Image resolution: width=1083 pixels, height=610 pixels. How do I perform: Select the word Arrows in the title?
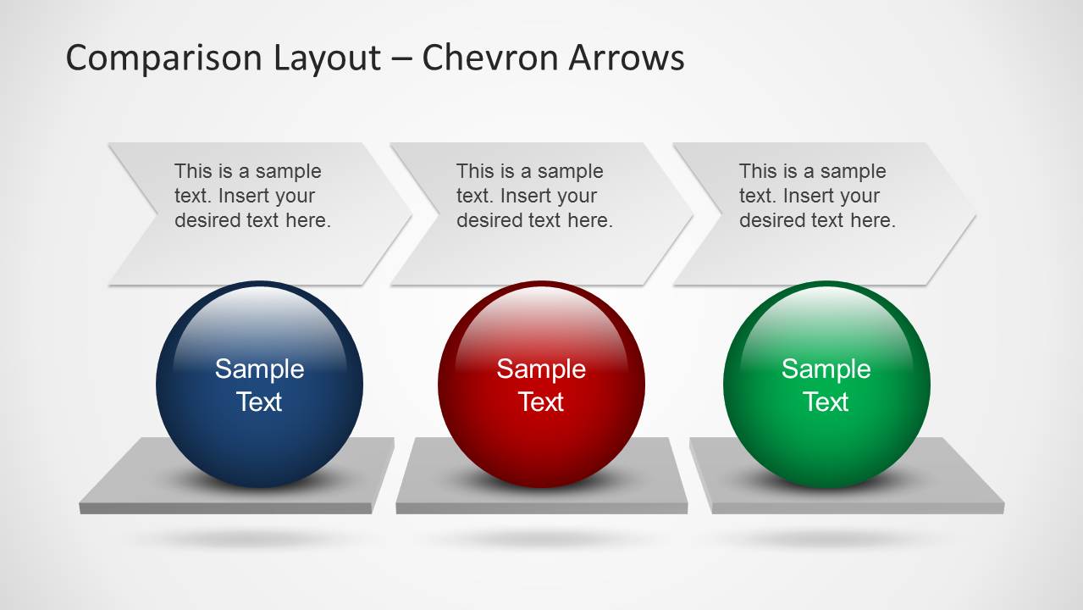[x=627, y=58]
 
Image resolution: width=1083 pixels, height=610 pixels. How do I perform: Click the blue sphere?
[x=260, y=385]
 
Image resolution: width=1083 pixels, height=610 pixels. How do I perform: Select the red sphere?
[x=542, y=385]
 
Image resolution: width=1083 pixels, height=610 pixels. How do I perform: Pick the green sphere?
[x=826, y=385]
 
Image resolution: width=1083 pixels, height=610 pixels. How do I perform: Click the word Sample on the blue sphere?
[x=260, y=369]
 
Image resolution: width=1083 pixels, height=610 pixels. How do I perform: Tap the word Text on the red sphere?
[x=541, y=402]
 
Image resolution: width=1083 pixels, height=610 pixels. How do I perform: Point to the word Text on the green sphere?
[x=826, y=402]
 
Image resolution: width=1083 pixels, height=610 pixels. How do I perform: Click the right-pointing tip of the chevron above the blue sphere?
[x=412, y=214]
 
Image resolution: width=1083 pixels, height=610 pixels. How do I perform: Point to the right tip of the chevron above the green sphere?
[x=975, y=214]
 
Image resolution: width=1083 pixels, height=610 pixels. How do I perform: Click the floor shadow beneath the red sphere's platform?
[x=542, y=538]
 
